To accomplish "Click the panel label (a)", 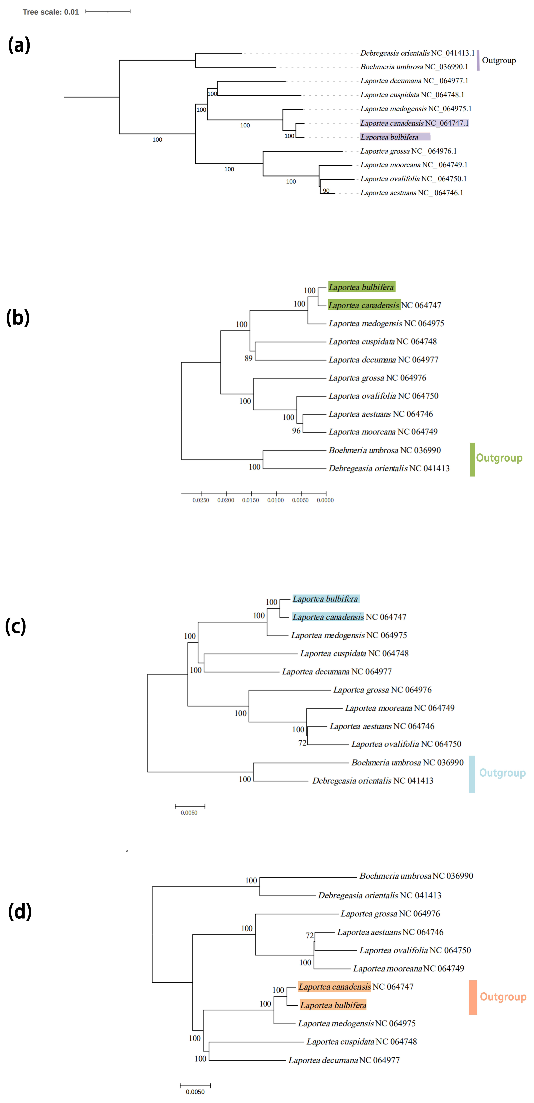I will tap(19, 45).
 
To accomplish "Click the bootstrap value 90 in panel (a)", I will tap(326, 191).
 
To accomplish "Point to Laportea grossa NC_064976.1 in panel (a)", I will tap(408, 151).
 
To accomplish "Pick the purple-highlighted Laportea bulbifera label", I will tap(389, 137).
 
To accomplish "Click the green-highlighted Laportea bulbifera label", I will tap(361, 287).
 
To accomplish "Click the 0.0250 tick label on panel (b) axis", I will tap(201, 500).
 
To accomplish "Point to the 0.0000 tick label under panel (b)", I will tap(325, 500).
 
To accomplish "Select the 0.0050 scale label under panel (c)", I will tap(189, 813).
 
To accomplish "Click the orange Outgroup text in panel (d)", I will tap(503, 997).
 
